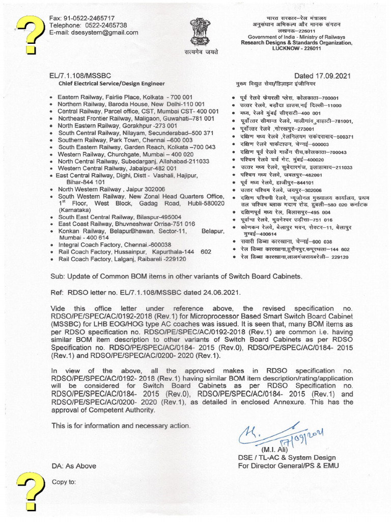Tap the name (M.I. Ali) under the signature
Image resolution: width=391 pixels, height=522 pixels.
point(275,450)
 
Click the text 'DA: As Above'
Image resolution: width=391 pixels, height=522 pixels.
point(73,466)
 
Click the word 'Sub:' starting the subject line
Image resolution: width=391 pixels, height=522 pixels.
point(58,276)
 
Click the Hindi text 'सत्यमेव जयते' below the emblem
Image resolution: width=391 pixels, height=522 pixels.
point(198,54)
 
